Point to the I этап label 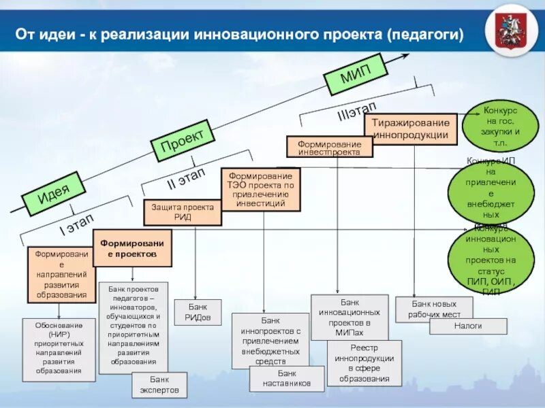point(77,224)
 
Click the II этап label point(186,179)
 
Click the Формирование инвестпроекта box point(329,147)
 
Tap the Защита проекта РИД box point(182,212)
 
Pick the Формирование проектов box point(134,248)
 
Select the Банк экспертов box point(159,385)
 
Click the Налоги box point(468,326)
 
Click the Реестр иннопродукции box point(364,363)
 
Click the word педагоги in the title point(426,33)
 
